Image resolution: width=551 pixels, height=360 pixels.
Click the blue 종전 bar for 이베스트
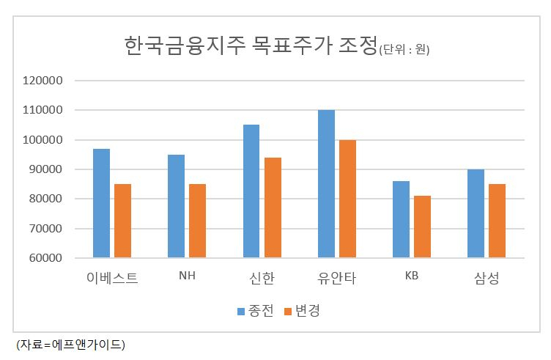click(102, 203)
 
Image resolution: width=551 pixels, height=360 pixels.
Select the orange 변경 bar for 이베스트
click(122, 221)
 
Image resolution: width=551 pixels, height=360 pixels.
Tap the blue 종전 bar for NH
click(176, 206)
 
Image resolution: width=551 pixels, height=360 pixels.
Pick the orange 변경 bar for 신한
click(273, 207)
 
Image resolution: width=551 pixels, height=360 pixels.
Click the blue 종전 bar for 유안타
click(327, 184)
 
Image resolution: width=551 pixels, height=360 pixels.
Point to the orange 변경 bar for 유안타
click(347, 199)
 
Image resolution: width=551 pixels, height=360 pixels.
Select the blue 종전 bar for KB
click(401, 219)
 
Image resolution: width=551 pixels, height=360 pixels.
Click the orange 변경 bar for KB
click(422, 227)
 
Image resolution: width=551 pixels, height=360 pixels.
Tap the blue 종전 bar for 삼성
click(476, 213)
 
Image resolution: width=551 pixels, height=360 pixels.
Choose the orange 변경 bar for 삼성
click(498, 221)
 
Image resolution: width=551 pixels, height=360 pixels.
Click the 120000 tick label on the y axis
click(42, 81)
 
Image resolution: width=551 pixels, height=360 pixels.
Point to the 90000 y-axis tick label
click(45, 169)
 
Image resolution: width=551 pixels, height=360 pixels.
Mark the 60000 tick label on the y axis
click(45, 258)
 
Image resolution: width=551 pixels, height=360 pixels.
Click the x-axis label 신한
click(262, 278)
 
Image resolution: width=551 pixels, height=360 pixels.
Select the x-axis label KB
click(412, 276)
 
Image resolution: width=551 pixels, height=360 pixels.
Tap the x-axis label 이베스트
click(112, 278)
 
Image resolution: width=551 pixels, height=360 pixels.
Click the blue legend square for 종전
click(241, 312)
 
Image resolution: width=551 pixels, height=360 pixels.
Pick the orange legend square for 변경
click(288, 312)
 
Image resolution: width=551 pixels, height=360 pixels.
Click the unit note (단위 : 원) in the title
click(404, 50)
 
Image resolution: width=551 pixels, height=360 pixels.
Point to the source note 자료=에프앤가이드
click(70, 345)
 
